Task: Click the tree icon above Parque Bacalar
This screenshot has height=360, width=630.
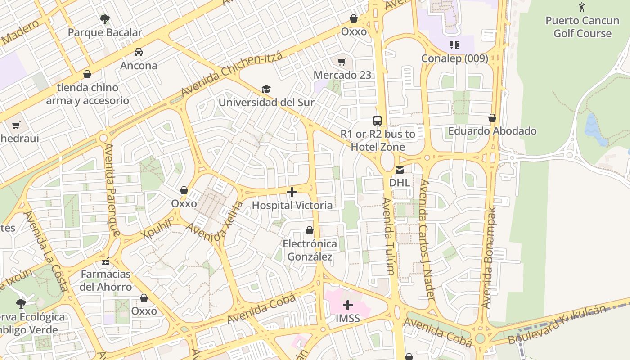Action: point(105,19)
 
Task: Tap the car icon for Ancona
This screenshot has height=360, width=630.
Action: point(139,52)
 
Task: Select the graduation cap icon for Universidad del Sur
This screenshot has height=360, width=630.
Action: point(266,89)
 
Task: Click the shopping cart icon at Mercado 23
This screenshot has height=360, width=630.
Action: point(342,62)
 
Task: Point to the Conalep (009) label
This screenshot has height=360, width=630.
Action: point(454,58)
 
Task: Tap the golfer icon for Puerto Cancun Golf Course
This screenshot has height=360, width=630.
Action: point(582,7)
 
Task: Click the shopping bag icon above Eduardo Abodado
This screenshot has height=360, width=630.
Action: point(492,118)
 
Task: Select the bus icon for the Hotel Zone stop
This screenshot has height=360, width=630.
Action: point(378,121)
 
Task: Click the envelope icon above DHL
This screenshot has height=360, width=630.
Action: point(399,170)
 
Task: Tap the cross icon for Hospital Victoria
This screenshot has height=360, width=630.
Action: point(292,193)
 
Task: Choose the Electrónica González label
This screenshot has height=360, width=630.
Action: point(310,250)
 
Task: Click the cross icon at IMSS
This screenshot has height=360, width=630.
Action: point(348,306)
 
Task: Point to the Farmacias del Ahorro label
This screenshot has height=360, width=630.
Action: point(106,280)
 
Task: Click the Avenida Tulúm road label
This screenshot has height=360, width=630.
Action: point(388,236)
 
